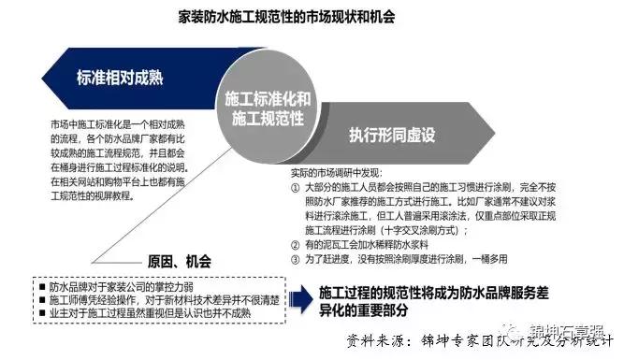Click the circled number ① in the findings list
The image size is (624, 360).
(294, 187)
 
